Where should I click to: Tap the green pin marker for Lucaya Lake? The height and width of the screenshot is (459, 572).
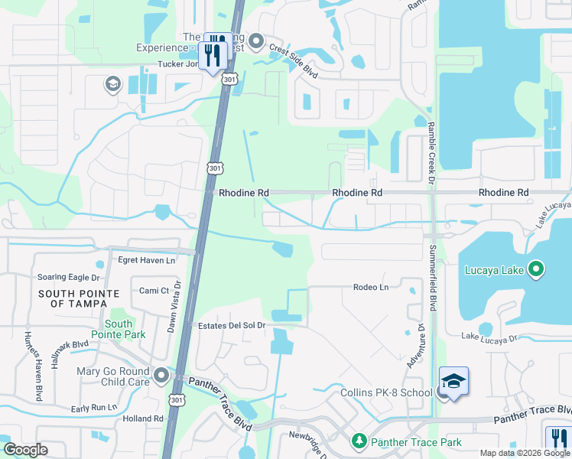pos(536,269)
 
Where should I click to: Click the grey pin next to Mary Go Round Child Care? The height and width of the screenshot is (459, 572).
pos(161,375)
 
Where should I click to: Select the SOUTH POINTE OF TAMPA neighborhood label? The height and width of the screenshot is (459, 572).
pos(79,298)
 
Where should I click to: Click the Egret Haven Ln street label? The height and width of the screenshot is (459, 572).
pos(146,260)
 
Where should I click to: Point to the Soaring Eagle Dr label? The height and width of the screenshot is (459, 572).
pos(67,277)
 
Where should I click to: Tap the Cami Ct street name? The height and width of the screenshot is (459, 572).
pos(154,291)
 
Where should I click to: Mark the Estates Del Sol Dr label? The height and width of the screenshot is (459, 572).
pos(231,325)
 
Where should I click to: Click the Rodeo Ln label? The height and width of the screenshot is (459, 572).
pos(371,287)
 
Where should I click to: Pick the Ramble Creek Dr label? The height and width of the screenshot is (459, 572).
pos(431,153)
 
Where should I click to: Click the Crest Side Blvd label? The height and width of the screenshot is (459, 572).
pos(294,58)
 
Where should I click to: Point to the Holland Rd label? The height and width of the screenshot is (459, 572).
pos(143,418)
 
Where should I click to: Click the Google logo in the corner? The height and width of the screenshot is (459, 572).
pos(25,450)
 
